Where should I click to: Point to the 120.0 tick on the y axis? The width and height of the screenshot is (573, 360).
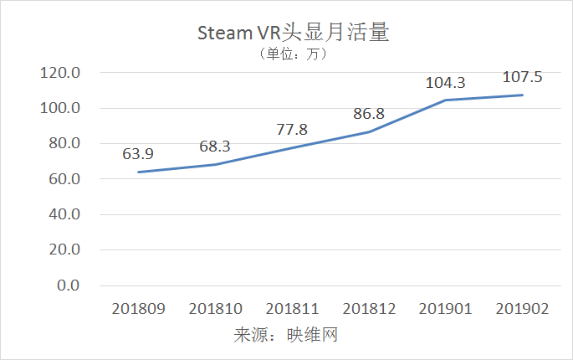pyautogui.click(x=59, y=73)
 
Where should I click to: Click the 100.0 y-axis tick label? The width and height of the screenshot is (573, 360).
pyautogui.click(x=59, y=108)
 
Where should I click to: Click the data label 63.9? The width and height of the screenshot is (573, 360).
pyautogui.click(x=138, y=154)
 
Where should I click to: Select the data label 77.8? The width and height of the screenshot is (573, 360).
pyautogui.click(x=292, y=130)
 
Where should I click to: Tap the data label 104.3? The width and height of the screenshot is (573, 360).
pyautogui.click(x=446, y=82)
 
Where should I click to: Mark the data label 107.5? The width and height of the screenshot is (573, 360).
pyautogui.click(x=522, y=77)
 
